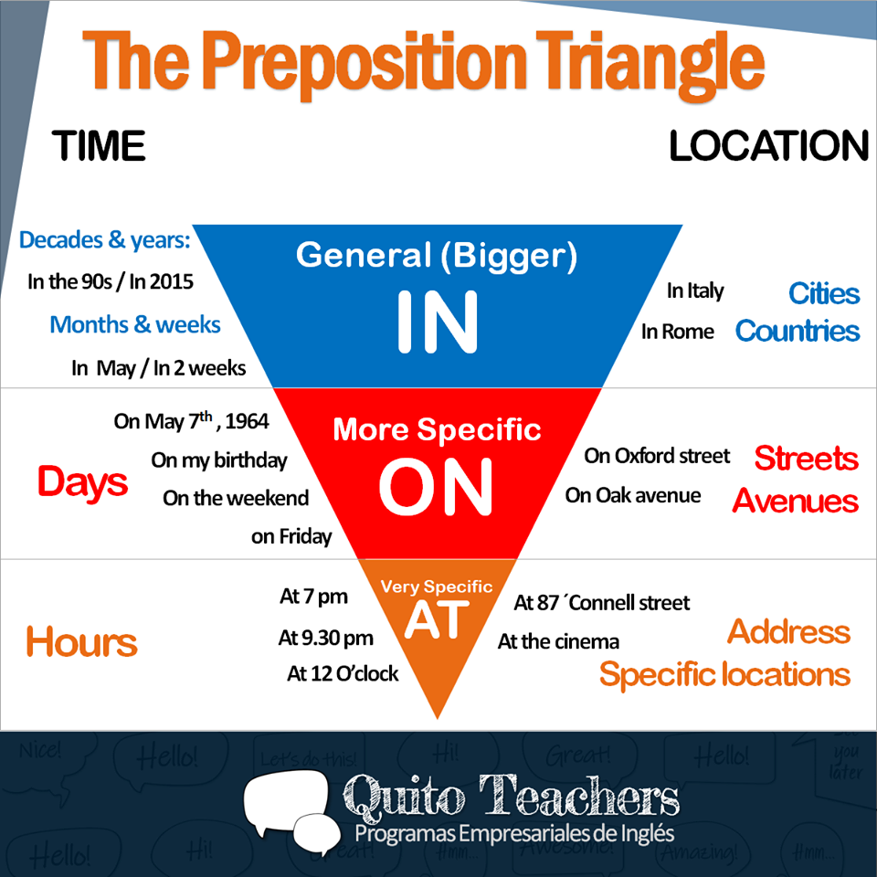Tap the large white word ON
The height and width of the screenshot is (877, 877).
pyautogui.click(x=436, y=486)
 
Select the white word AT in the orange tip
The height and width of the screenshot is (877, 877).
pyautogui.click(x=436, y=619)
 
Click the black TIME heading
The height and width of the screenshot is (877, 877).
pyautogui.click(x=99, y=146)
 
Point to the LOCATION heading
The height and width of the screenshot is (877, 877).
pyautogui.click(x=768, y=146)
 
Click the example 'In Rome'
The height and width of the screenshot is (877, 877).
pyautogui.click(x=677, y=332)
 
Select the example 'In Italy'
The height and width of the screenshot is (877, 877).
pyautogui.click(x=694, y=291)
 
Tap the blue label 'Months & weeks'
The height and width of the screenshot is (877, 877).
pyautogui.click(x=135, y=324)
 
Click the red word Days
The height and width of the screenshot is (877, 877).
pyautogui.click(x=82, y=482)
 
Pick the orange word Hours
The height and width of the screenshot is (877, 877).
pyautogui.click(x=81, y=642)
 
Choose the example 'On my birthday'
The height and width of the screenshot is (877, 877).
pyautogui.click(x=219, y=460)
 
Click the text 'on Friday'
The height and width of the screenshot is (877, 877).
pyautogui.click(x=291, y=536)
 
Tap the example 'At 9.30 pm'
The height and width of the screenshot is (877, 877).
pyautogui.click(x=326, y=638)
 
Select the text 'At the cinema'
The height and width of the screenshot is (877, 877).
pyautogui.click(x=558, y=642)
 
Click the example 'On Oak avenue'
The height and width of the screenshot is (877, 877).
pyautogui.click(x=633, y=495)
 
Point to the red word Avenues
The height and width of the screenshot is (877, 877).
pyautogui.click(x=795, y=501)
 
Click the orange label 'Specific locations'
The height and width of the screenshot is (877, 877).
pyautogui.click(x=724, y=675)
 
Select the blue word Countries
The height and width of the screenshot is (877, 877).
pyautogui.click(x=798, y=331)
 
